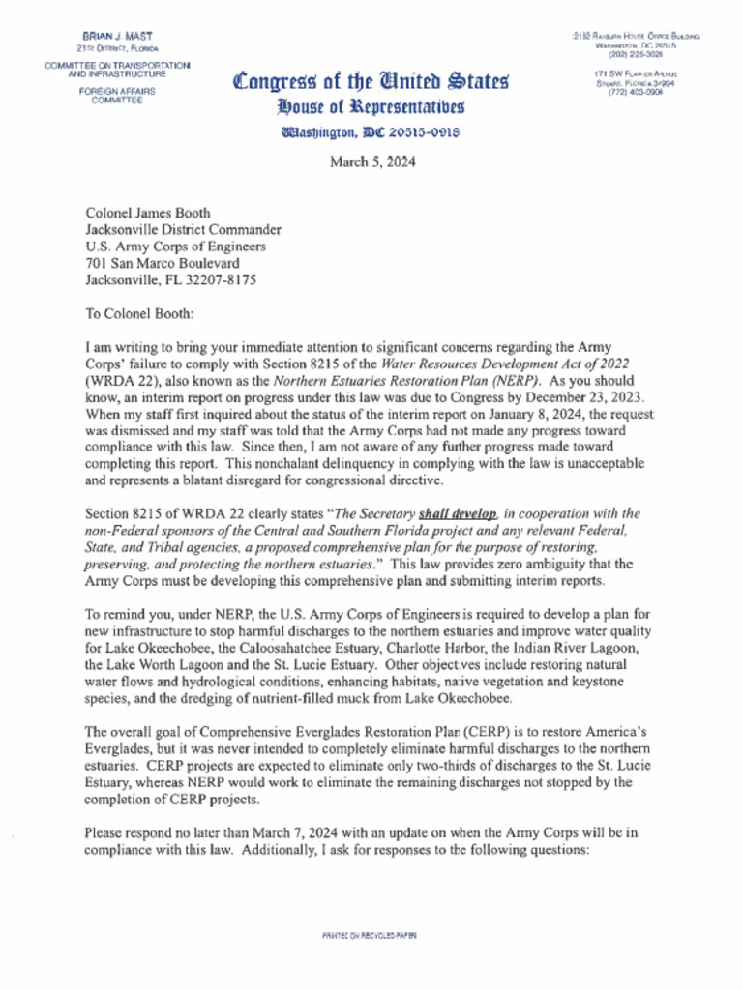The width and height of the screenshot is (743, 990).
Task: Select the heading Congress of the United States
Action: (x=371, y=81)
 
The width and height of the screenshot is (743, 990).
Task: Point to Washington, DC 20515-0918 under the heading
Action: (x=371, y=132)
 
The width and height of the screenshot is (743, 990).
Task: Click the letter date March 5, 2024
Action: (x=372, y=162)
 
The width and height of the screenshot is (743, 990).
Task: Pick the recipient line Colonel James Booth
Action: (x=147, y=214)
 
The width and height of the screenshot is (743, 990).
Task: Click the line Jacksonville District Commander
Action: (x=184, y=230)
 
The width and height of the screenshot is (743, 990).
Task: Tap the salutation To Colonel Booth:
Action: (x=139, y=313)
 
